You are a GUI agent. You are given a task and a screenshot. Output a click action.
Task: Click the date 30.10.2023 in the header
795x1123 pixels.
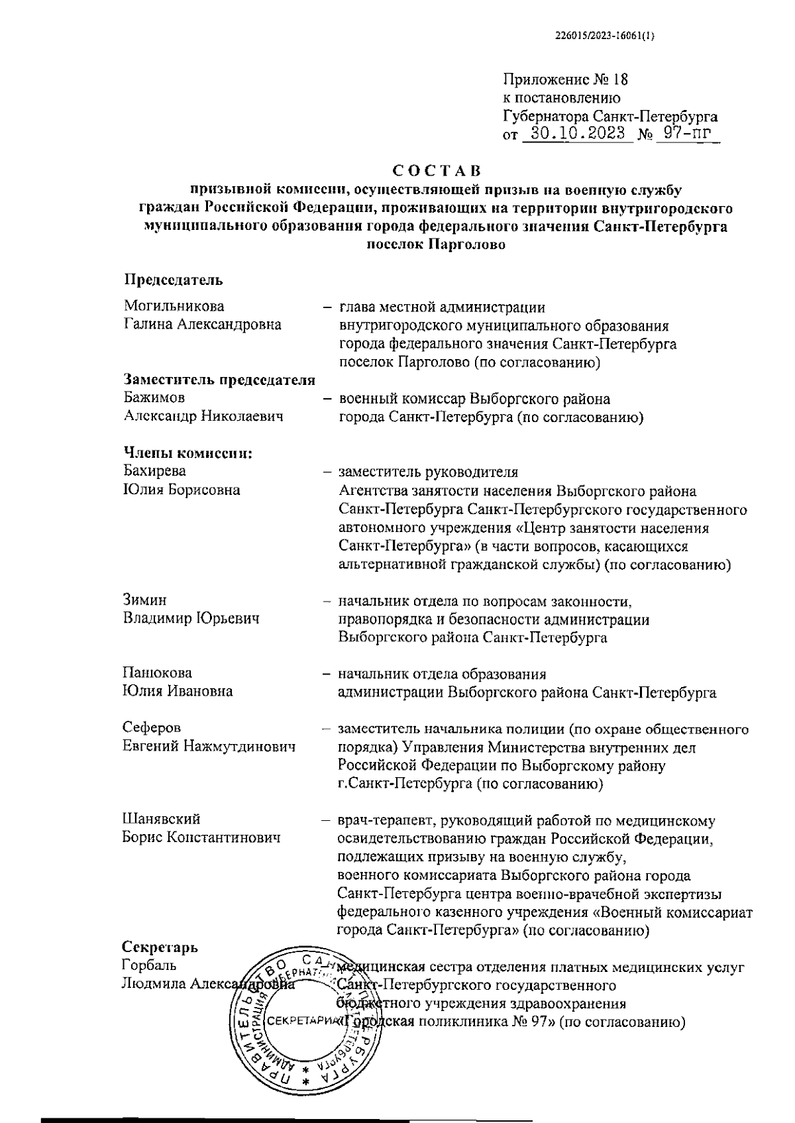[x=578, y=134]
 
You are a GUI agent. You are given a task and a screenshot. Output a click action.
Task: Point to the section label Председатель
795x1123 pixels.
[x=174, y=280]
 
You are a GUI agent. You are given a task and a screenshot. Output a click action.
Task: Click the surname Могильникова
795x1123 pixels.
[x=174, y=306]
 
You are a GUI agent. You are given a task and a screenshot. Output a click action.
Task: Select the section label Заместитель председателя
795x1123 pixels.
[x=219, y=380]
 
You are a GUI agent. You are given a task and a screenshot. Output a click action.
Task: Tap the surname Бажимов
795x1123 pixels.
[x=154, y=398]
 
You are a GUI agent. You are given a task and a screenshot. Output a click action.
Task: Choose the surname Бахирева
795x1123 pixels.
[x=154, y=471]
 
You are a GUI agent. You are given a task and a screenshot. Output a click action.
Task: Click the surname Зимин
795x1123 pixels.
[x=144, y=600]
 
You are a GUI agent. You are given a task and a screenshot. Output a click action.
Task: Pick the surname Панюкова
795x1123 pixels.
[x=157, y=673]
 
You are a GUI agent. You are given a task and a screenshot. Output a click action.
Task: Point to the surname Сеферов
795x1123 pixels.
[x=152, y=728]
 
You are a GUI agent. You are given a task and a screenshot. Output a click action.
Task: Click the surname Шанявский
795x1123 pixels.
[x=161, y=820]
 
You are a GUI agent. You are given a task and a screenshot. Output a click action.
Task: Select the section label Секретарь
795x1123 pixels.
[x=160, y=947]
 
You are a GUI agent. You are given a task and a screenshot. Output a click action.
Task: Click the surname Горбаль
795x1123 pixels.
[x=150, y=965]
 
